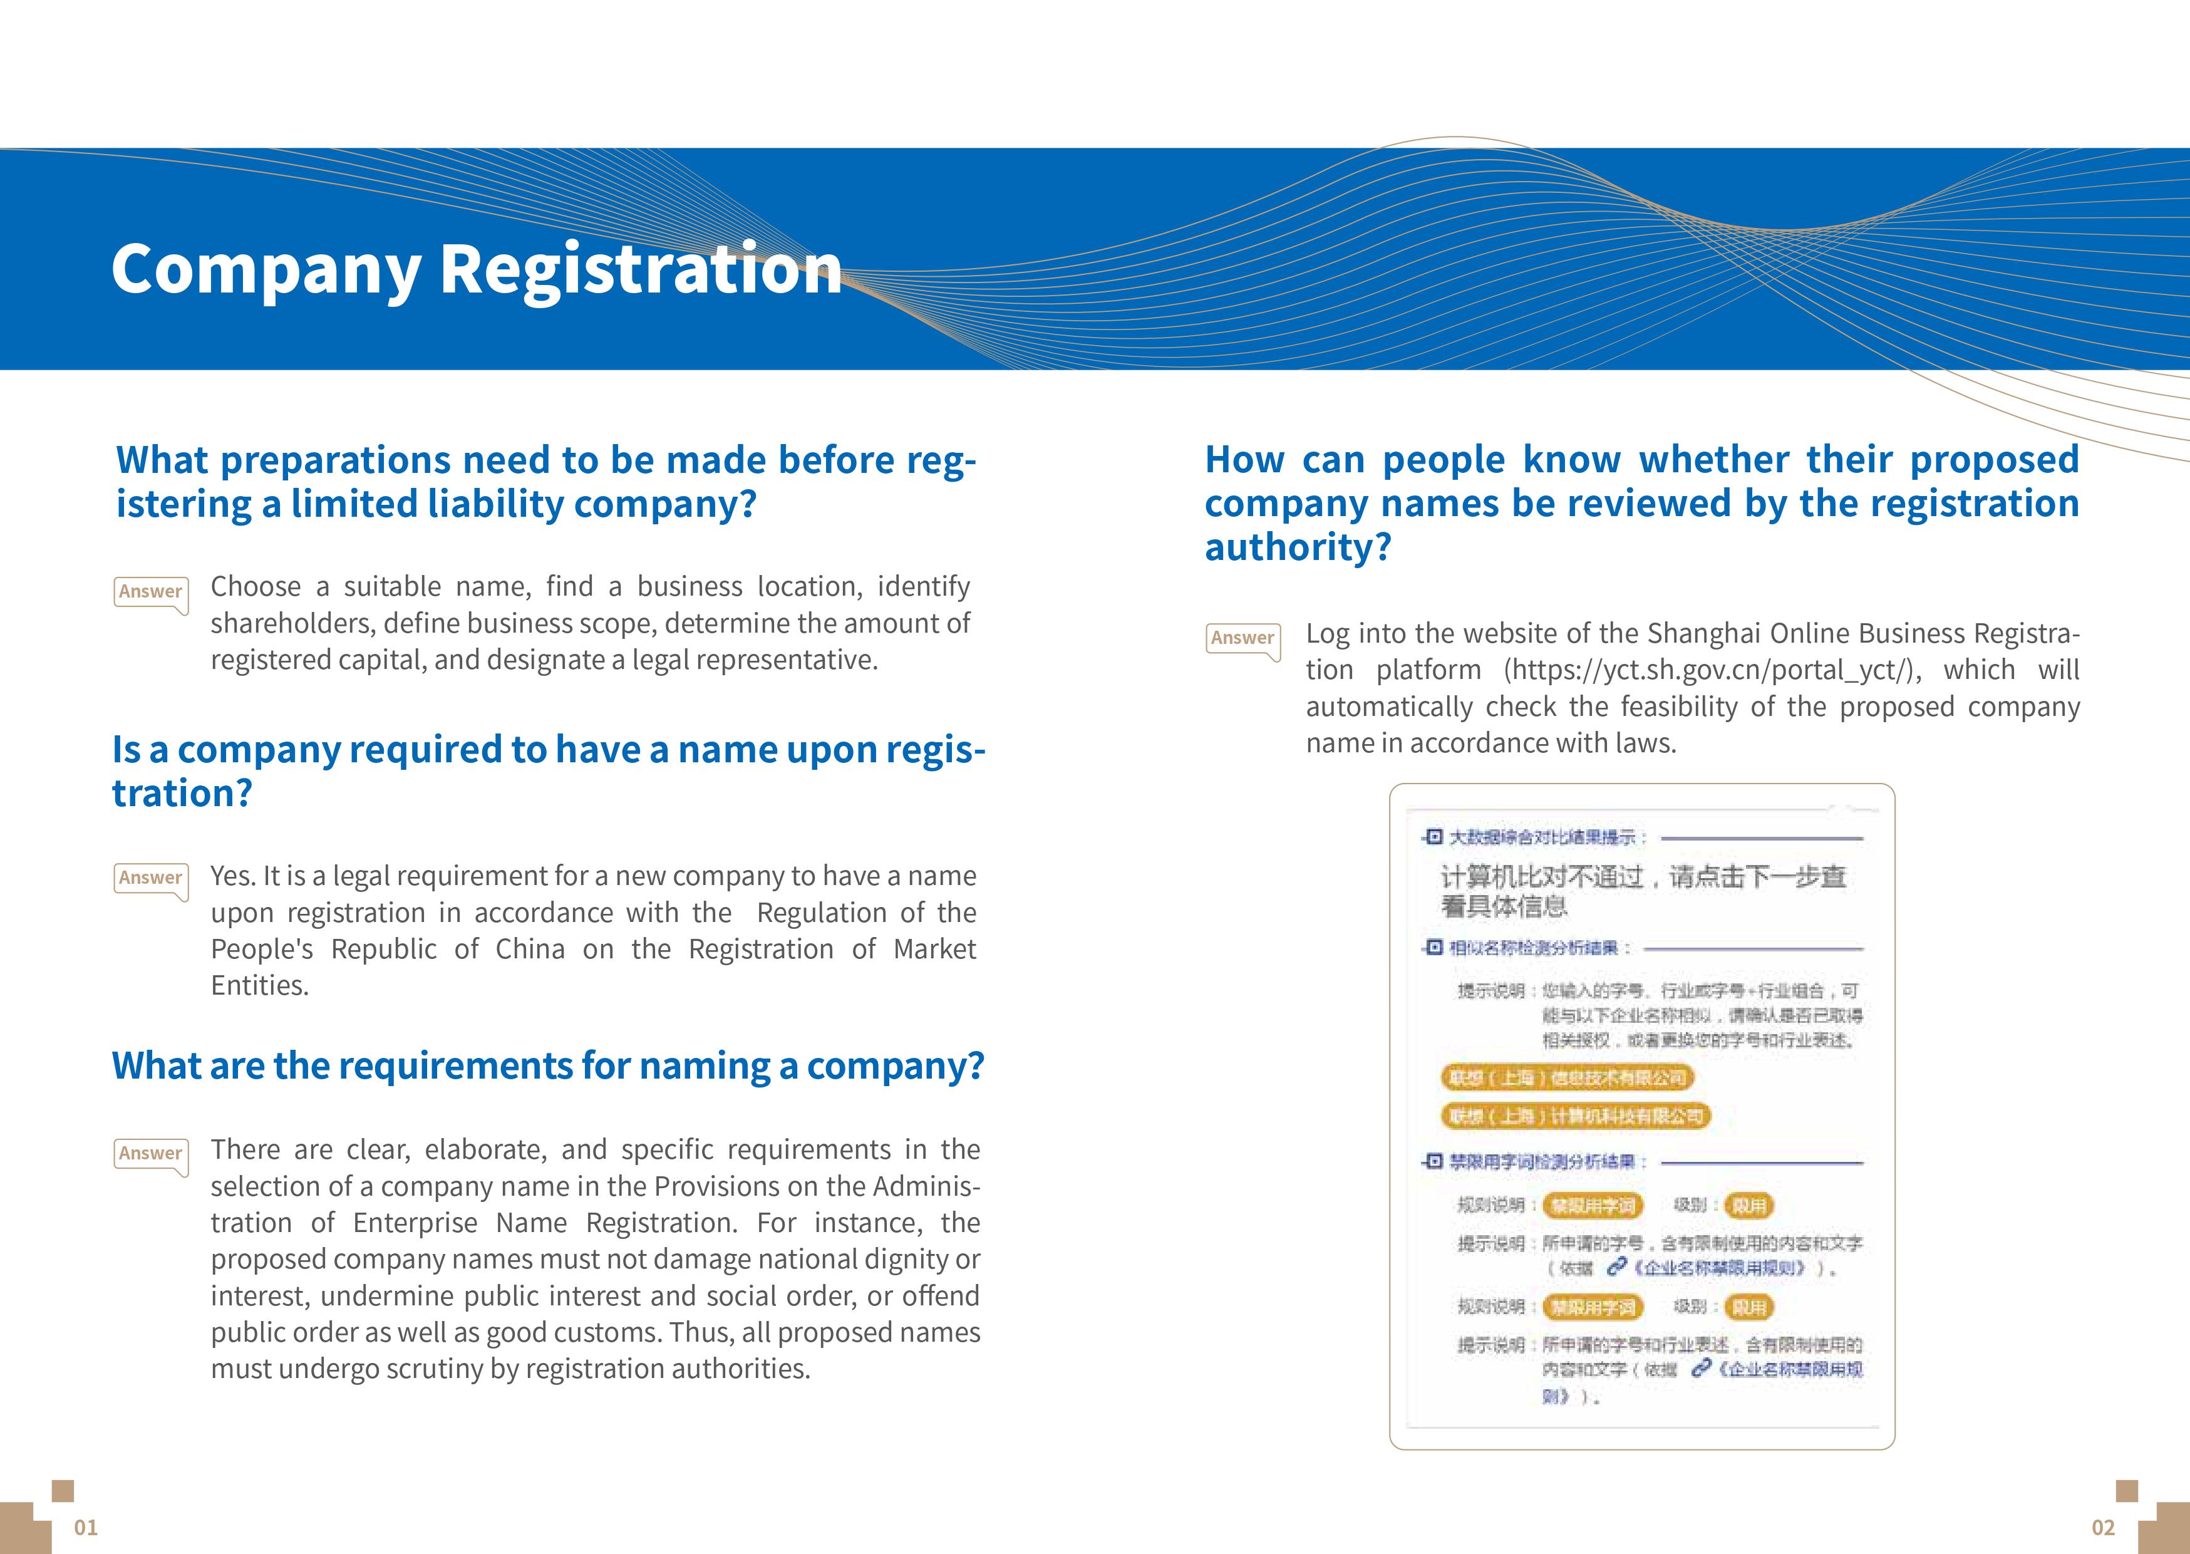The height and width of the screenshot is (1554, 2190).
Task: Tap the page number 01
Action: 86,1527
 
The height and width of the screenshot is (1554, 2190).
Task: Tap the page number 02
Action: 2103,1527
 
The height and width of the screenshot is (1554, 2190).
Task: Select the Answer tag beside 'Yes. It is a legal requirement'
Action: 150,878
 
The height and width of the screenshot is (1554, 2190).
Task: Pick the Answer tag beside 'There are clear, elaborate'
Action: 150,1154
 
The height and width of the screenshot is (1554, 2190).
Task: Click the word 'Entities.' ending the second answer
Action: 259,986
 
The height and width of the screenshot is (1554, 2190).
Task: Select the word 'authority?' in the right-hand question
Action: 1298,547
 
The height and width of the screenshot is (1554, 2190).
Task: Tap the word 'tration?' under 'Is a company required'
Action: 182,793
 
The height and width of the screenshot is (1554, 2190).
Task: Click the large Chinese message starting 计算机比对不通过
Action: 1642,890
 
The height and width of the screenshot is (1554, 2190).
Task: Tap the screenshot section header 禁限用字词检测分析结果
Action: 1546,1162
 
